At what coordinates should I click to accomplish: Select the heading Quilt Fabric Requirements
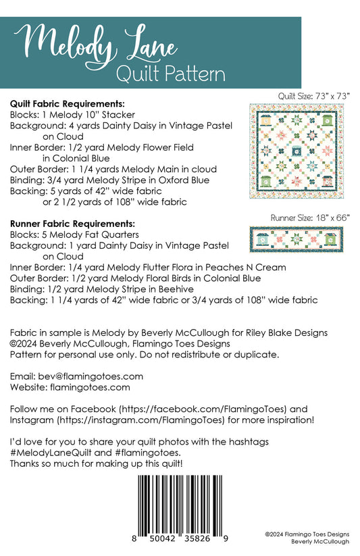pos(68,105)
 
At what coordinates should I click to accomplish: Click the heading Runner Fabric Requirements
pos(72,222)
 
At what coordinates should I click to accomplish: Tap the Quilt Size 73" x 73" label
pos(314,96)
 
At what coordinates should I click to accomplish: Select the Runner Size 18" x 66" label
pos(310,218)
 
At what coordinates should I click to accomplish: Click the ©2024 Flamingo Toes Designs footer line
pos(307,534)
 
